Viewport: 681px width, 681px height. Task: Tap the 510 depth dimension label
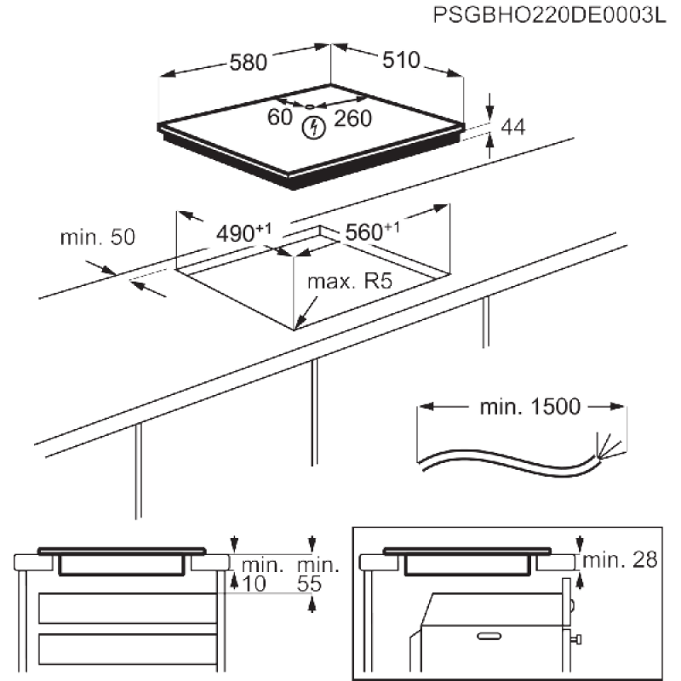(x=399, y=60)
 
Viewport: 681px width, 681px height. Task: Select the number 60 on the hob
(x=280, y=117)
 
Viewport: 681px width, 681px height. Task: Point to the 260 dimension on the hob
(x=352, y=118)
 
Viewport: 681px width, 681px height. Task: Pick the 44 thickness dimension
(x=512, y=128)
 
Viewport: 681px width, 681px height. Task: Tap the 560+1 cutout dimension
(x=369, y=231)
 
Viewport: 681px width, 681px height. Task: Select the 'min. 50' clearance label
(x=98, y=237)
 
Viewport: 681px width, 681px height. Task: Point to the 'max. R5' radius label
(x=350, y=281)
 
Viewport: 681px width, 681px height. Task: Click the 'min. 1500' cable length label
(x=528, y=408)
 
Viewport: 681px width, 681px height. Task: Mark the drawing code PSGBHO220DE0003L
(x=547, y=14)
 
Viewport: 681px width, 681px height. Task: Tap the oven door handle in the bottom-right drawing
(x=491, y=634)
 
